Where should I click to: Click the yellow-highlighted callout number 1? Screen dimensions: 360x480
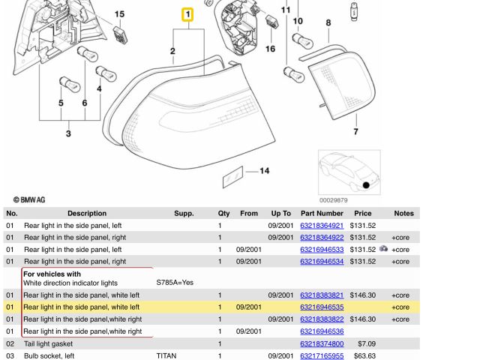(x=187, y=14)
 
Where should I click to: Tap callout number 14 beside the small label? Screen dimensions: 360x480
(x=264, y=171)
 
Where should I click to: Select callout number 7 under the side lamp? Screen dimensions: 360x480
(x=355, y=131)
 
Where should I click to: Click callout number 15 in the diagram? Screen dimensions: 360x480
(x=119, y=14)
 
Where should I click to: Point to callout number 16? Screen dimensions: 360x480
(x=270, y=49)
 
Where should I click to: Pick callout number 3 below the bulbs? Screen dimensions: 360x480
(x=68, y=133)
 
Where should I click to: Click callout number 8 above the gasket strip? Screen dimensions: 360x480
(x=328, y=23)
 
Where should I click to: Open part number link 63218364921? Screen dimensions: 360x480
(x=322, y=225)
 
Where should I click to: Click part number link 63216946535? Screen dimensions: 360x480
(x=322, y=307)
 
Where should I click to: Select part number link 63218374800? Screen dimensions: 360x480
(x=322, y=343)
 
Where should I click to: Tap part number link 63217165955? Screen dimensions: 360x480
(x=322, y=355)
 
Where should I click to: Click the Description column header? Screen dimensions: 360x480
(x=87, y=213)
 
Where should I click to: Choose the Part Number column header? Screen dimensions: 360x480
(x=322, y=213)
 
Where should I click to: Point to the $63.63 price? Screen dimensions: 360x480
(x=364, y=355)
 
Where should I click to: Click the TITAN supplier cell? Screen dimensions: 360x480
(x=166, y=355)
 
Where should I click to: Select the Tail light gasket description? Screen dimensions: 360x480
(x=53, y=343)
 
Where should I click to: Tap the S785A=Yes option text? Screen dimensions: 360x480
(x=175, y=283)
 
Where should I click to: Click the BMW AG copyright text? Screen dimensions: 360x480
(x=29, y=199)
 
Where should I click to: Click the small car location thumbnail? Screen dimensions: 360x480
(x=349, y=172)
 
